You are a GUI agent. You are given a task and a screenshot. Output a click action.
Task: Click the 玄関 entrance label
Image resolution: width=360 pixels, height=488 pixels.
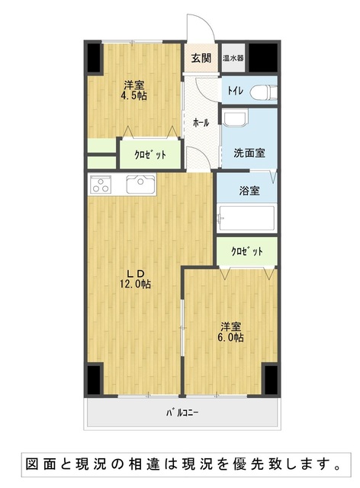coord(201,58)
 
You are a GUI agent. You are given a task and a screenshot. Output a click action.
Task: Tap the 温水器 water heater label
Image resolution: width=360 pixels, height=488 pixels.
coord(233,58)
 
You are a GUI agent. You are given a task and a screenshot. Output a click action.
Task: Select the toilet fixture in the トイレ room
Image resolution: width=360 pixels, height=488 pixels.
coord(264,91)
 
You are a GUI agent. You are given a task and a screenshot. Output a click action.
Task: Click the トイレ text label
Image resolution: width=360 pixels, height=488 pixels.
coord(236,91)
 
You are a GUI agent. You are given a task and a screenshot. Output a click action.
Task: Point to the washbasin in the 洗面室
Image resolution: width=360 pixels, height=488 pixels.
coord(236,119)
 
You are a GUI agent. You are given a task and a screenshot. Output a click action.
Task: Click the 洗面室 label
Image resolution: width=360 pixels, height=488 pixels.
coord(249,152)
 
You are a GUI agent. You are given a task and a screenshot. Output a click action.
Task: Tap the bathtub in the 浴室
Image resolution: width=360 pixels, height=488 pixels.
coord(246,218)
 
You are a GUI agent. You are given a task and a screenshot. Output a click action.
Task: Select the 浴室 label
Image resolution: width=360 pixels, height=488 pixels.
coord(249,191)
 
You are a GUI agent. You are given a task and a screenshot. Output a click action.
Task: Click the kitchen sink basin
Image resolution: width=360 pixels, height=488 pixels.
coord(141,185)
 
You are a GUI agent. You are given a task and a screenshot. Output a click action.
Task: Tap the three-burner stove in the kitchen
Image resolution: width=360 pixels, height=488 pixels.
coord(101,185)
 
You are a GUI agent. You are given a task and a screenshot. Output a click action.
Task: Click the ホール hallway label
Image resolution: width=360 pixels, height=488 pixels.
coord(201,123)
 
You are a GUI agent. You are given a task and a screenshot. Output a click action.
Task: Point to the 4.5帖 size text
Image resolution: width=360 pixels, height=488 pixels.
coord(134,95)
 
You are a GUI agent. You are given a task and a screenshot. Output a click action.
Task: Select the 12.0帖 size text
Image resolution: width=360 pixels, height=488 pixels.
coord(136,284)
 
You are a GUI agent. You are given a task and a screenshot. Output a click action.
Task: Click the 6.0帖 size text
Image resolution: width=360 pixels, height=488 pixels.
coord(230,337)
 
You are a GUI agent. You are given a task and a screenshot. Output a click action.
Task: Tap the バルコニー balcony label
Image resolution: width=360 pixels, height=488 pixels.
coord(182,413)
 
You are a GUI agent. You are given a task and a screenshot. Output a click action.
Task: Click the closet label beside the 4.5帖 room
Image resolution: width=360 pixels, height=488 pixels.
coord(150,154)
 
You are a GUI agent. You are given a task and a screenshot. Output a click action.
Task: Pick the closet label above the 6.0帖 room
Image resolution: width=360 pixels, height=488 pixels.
coord(247,251)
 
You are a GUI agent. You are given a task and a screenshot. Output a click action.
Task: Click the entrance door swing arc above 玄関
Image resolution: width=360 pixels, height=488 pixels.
coord(208,24)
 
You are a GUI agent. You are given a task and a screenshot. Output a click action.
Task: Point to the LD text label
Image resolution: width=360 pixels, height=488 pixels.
coord(135,274)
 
